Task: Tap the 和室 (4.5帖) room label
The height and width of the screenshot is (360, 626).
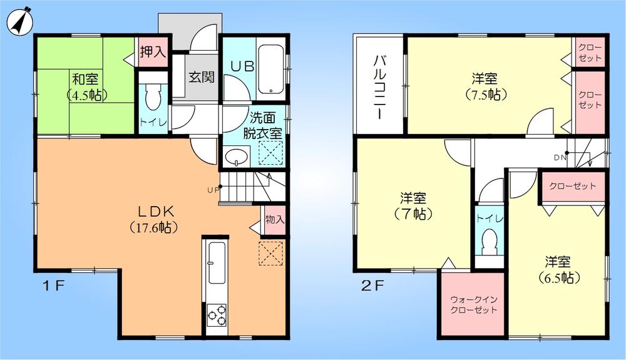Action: pos(86,87)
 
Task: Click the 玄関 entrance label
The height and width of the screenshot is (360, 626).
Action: pos(202,77)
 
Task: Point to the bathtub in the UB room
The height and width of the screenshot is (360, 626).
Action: pos(271,68)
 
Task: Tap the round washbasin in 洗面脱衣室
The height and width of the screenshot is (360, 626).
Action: pos(236,156)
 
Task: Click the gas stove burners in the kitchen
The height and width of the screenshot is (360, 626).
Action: pos(217,314)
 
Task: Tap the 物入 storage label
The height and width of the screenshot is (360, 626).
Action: pos(274,220)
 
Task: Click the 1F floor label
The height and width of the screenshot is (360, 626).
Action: pos(54,286)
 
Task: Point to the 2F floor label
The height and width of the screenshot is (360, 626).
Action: pos(371,286)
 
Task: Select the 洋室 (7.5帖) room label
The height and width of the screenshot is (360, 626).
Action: pos(485,86)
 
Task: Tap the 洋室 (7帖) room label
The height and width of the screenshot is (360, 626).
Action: pos(413,206)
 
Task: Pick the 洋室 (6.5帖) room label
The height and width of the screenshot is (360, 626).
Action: pos(557,269)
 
